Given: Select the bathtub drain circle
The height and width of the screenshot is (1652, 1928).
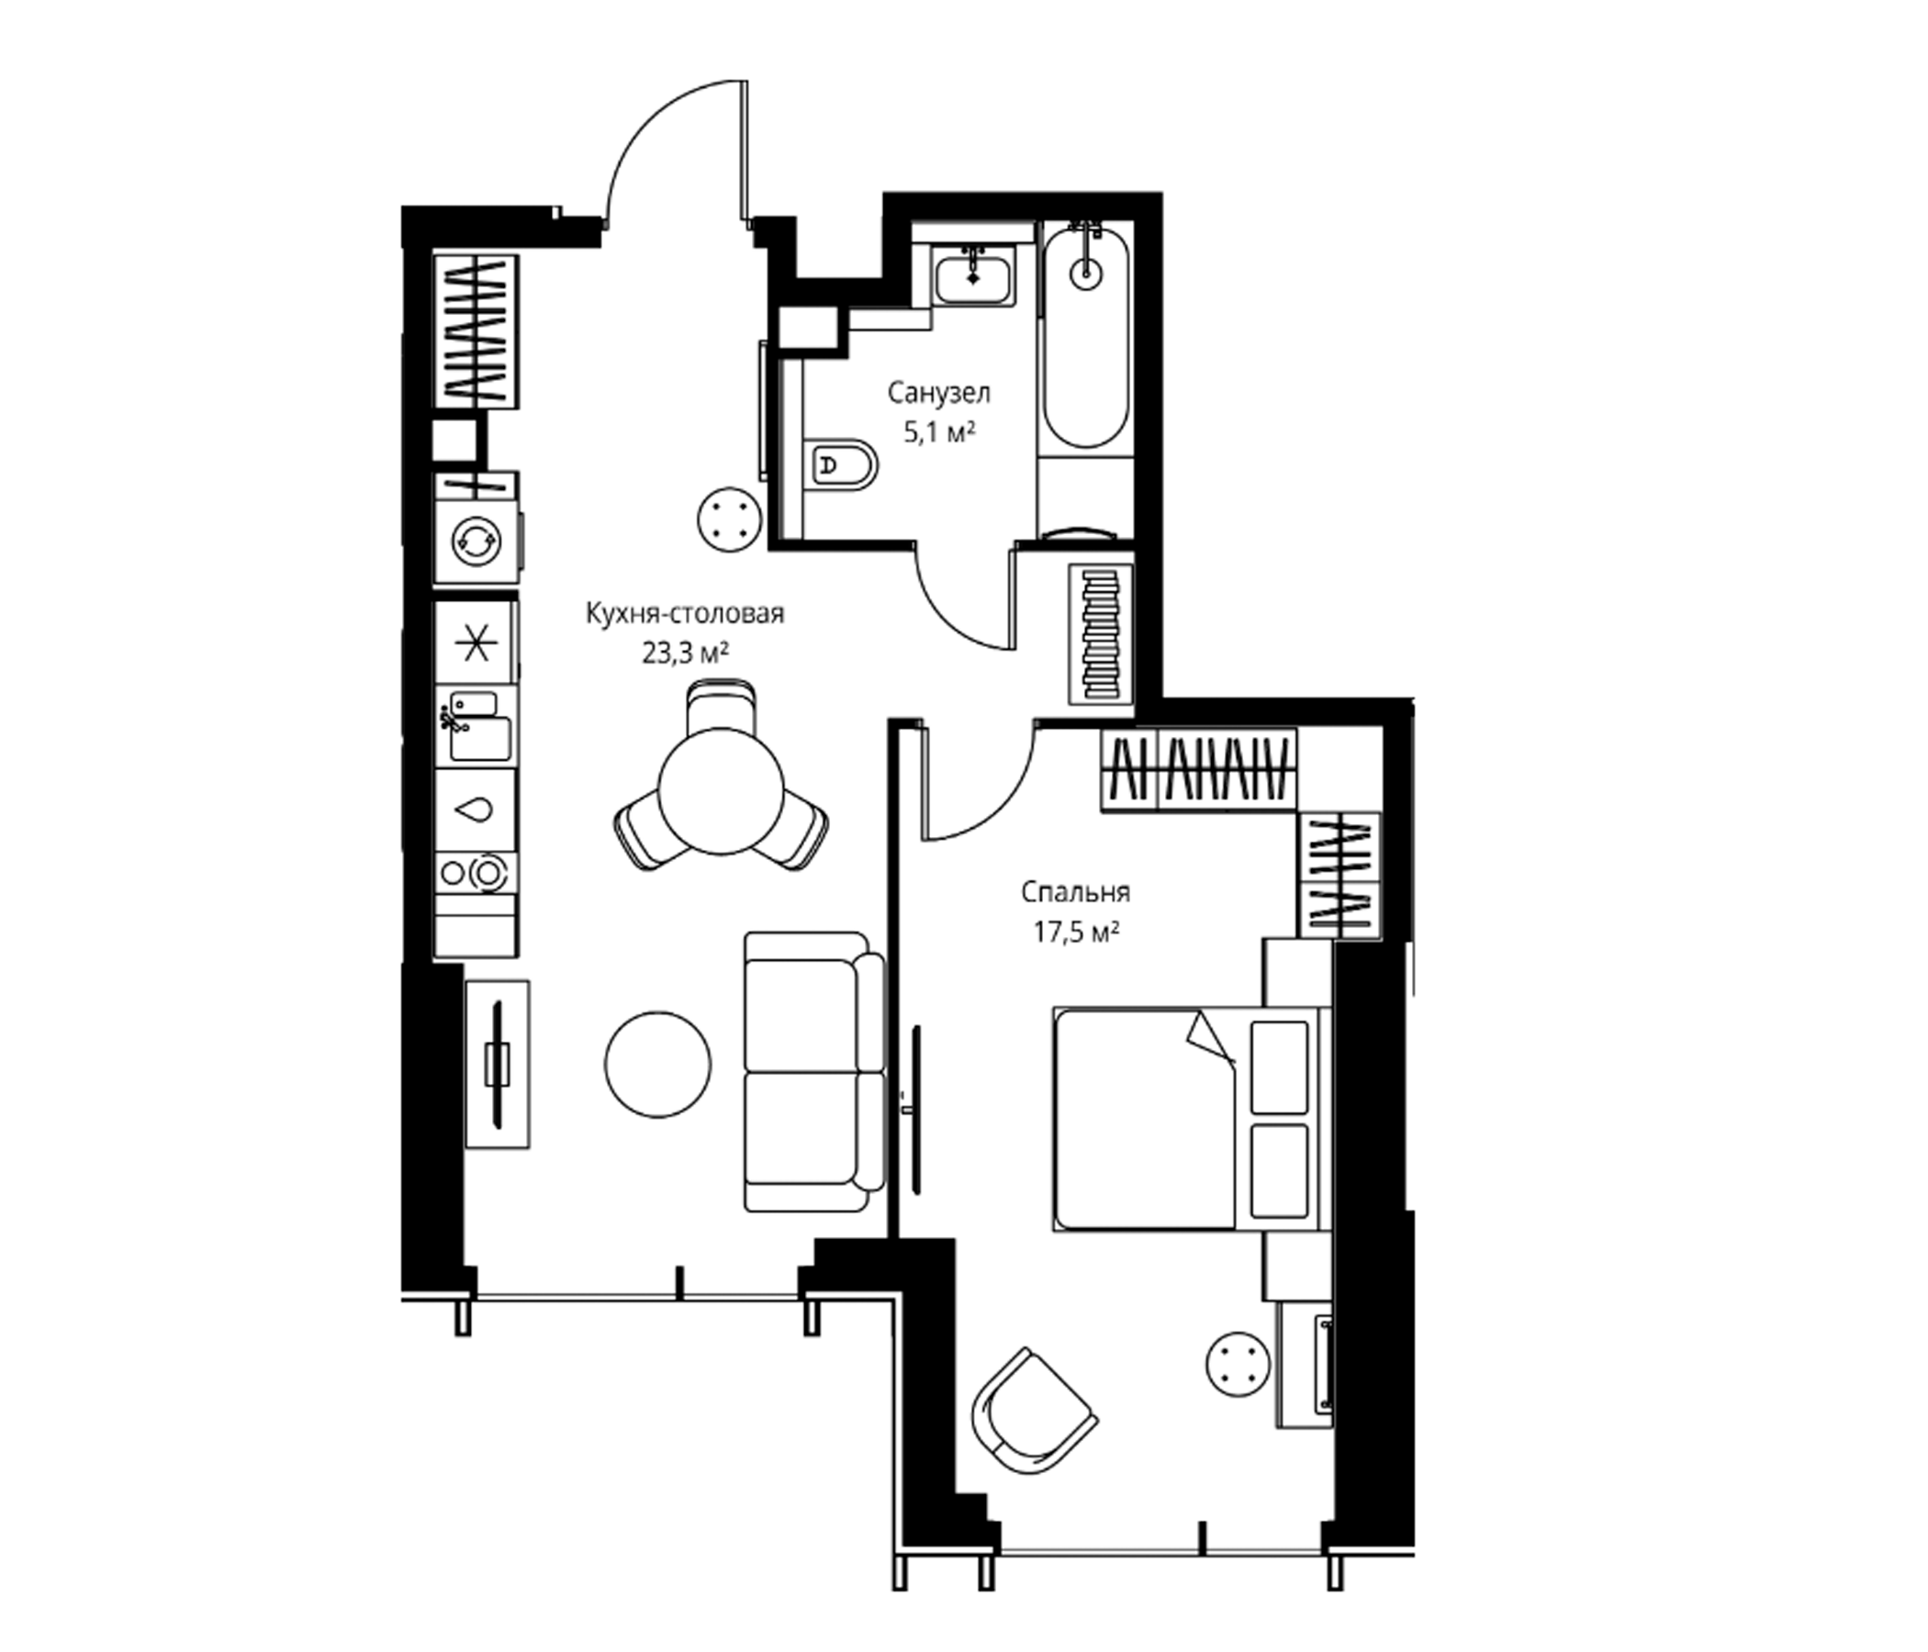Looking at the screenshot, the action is [1085, 273].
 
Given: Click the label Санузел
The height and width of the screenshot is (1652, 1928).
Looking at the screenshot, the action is [939, 394].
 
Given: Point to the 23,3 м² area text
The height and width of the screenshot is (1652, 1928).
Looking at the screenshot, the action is [685, 653].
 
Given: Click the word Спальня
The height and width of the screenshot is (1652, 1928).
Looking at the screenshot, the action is [1075, 892].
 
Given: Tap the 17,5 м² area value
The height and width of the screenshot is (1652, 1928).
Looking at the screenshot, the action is [1076, 933].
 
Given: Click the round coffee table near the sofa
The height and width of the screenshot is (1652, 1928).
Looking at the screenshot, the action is [658, 1065].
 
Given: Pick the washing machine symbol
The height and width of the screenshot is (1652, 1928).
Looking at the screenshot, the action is [476, 540].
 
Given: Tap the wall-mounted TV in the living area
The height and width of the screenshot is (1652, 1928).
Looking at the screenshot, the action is [499, 1064].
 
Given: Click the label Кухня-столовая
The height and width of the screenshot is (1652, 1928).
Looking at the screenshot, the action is [685, 614].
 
